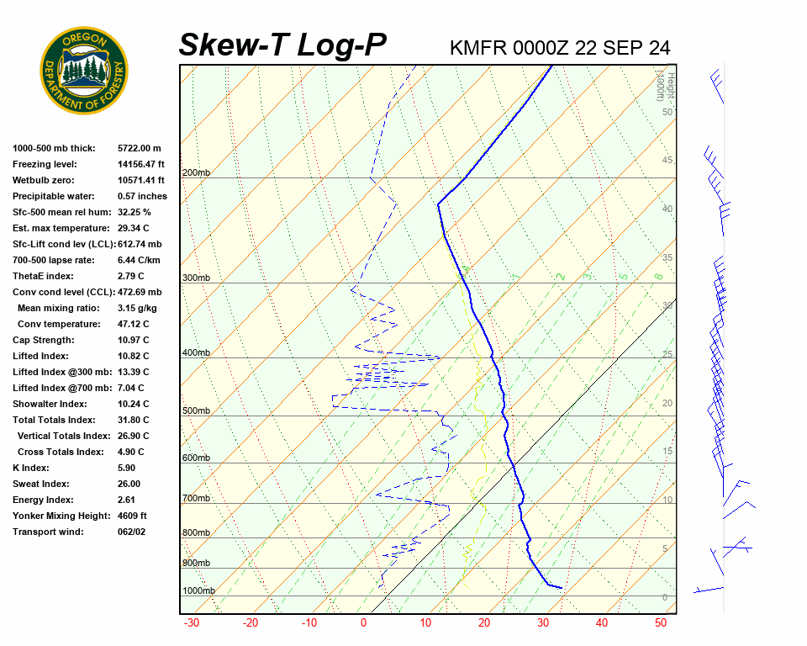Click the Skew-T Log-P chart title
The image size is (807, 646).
(282, 45)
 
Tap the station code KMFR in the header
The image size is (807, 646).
(478, 48)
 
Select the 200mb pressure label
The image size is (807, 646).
(196, 173)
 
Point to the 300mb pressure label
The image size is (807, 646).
(196, 278)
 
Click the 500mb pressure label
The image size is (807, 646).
(196, 411)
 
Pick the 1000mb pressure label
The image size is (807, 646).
(198, 591)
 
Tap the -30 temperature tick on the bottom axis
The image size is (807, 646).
(192, 623)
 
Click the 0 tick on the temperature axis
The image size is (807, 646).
(364, 623)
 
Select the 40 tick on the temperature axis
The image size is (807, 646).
(602, 623)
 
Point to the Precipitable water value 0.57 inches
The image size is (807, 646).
(142, 196)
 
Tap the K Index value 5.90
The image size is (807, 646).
(129, 468)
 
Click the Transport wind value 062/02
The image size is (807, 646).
(132, 532)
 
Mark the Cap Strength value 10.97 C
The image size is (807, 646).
(133, 340)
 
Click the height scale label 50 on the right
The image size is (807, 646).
(667, 112)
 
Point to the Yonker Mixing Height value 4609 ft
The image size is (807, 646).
(132, 516)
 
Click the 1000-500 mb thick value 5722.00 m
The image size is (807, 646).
(139, 148)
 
